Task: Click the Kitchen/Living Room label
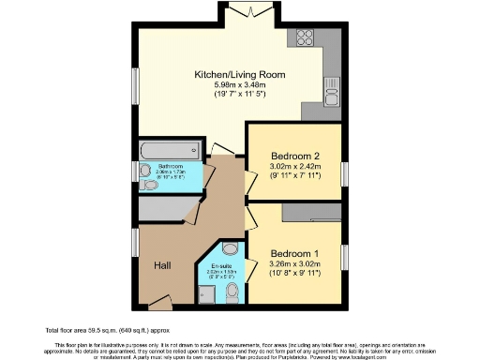239,74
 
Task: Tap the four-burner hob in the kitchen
307,38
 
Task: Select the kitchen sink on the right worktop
333,94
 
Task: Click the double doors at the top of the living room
251,10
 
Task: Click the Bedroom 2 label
295,156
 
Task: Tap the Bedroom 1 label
294,254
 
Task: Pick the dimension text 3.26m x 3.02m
294,265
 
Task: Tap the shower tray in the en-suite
230,250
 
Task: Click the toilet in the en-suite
232,293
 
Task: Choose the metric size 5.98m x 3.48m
239,86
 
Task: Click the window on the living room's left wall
136,87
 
